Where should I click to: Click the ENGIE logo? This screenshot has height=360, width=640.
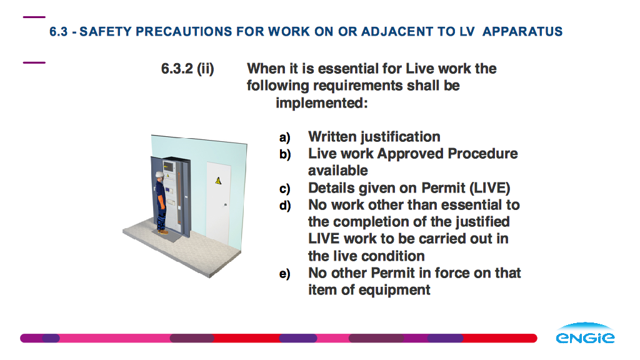tap(585, 332)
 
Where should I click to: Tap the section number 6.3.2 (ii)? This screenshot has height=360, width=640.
tap(187, 69)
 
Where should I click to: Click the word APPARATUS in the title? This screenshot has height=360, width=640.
tap(522, 31)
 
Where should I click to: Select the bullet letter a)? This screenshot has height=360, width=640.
tap(285, 137)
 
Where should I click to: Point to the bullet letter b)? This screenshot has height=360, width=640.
tap(285, 154)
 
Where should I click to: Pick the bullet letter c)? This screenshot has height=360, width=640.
tap(285, 189)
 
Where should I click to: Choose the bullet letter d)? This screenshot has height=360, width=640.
tap(285, 205)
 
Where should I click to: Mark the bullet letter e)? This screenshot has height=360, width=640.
tap(285, 274)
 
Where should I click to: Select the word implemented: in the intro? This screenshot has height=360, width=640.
tap(322, 103)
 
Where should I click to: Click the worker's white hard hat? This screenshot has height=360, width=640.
tap(159, 174)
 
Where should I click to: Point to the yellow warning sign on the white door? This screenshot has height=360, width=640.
tap(218, 181)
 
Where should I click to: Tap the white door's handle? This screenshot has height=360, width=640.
tap(225, 204)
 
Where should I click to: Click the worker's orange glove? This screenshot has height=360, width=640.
tap(161, 202)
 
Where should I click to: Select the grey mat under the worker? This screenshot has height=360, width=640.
tap(167, 235)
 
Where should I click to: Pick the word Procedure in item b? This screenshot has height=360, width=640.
tap(482, 154)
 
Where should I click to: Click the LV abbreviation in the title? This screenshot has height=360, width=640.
tap(467, 31)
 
